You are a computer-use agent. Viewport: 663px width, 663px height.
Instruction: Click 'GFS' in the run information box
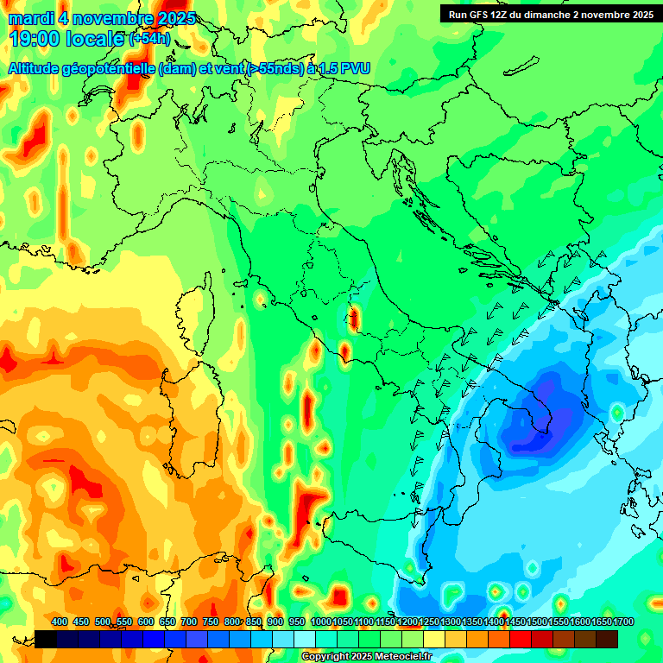(x=479, y=15)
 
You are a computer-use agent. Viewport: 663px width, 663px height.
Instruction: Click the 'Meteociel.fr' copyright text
(x=397, y=657)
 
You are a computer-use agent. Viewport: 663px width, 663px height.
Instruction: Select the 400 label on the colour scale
(x=60, y=622)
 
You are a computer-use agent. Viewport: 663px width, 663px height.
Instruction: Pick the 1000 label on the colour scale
(x=320, y=622)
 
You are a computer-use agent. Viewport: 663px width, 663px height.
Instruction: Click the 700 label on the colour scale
(x=189, y=622)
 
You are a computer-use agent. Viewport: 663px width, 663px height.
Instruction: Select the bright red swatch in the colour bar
(x=521, y=639)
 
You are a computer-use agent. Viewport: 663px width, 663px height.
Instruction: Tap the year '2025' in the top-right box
(x=639, y=15)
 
